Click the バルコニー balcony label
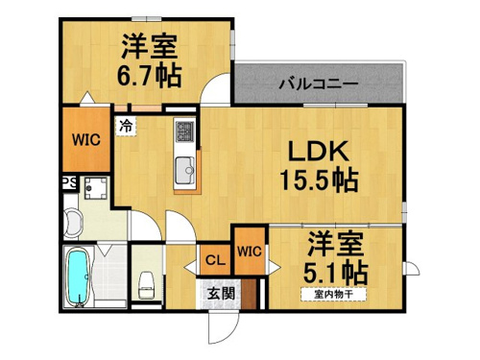(319, 84)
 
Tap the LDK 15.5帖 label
(319, 166)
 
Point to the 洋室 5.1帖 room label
(335, 258)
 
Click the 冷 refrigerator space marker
(126, 126)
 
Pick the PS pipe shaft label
(69, 182)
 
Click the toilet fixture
(147, 285)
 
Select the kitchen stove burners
(184, 131)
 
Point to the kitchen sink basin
(184, 170)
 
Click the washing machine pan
(95, 188)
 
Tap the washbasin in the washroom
(72, 223)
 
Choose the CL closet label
(215, 260)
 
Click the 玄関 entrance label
(221, 294)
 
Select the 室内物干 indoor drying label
(333, 295)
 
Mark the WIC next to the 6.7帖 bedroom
(85, 140)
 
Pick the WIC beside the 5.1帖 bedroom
(250, 252)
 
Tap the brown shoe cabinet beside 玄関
(249, 294)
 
